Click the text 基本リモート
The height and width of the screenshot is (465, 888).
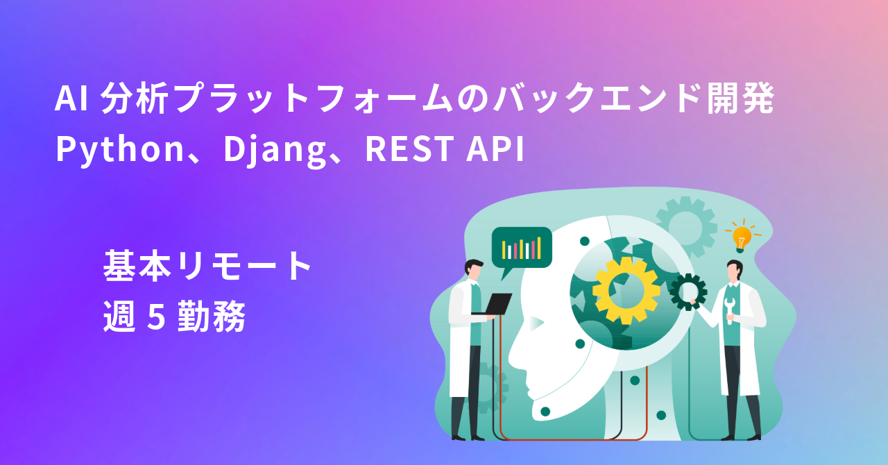tap(209, 267)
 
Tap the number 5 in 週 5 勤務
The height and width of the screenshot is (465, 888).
tap(156, 319)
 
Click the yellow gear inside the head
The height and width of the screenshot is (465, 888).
tap(626, 290)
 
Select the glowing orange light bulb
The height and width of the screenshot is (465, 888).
tap(742, 237)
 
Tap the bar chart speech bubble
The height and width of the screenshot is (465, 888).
tap(521, 248)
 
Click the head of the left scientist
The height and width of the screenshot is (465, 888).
tap(475, 269)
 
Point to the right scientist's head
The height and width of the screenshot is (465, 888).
tap(734, 270)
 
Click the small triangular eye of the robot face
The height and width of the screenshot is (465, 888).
tap(536, 322)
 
